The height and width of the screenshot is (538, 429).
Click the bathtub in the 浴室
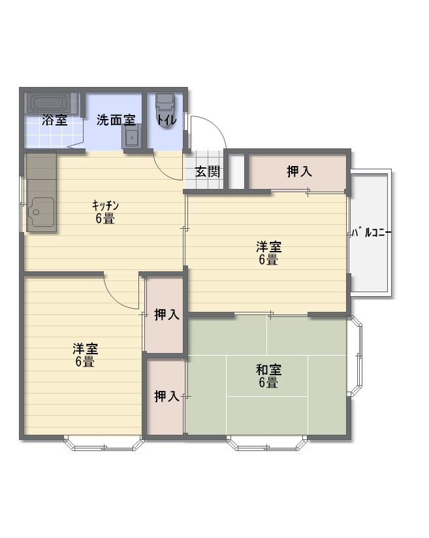coord(52,103)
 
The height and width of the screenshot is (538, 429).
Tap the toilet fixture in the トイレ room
coord(166,110)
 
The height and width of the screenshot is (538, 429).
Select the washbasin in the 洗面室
coord(131,136)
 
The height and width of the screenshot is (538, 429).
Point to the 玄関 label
coord(207,171)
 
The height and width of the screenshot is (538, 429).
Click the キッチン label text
coord(105,205)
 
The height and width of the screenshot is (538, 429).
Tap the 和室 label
coord(268,370)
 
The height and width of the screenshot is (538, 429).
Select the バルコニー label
coord(372,233)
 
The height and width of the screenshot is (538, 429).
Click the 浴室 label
coord(54,120)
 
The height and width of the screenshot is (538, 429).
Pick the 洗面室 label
coord(116,120)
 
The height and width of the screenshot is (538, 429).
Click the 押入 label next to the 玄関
coord(299,171)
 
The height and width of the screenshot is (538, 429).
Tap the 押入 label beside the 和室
coord(167,396)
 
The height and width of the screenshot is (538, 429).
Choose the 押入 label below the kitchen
coord(167,314)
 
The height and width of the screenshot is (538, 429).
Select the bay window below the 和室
coord(267,443)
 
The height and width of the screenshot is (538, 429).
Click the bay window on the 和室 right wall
coord(357,356)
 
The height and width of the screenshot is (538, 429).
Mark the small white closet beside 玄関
coord(236,171)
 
